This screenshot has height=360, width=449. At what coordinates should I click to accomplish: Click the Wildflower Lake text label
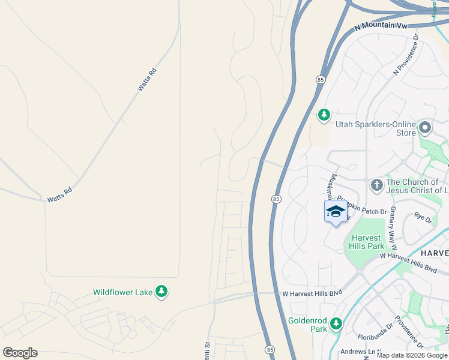coord(122,292)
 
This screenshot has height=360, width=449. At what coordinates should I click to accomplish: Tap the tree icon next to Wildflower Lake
coord(161,292)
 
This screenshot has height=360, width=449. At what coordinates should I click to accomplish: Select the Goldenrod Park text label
coord(308,324)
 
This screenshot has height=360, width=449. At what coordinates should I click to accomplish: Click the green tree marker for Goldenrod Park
coord(336,324)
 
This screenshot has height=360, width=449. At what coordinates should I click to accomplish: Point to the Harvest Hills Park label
coord(367,242)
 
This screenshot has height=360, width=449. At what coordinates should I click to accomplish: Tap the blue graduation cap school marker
coord(336,211)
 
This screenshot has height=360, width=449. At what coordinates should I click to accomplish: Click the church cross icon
coord(376,185)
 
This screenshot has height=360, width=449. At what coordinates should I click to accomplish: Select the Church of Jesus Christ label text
coord(417,186)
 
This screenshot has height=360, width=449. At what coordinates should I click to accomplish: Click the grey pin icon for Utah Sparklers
coord(426,127)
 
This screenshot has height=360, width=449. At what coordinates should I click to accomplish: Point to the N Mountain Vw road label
coord(381,26)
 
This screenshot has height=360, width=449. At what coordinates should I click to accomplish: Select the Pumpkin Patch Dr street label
coord(361,202)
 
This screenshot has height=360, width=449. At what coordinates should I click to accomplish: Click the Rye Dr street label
coord(423,217)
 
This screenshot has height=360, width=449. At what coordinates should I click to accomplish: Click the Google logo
coord(20,353)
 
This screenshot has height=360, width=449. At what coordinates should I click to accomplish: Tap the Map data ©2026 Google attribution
coord(412,355)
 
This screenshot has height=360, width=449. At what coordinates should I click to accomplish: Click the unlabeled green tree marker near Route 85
coord(324,115)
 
